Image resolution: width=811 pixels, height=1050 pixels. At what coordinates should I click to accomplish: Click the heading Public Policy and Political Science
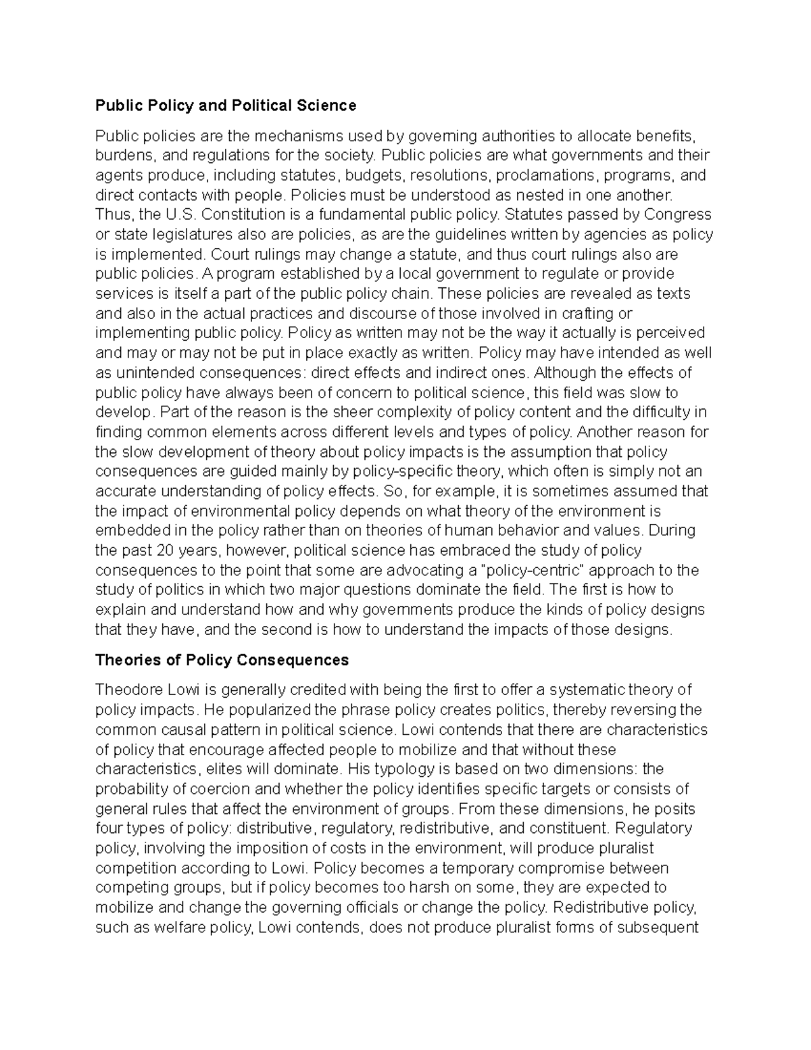coord(225,105)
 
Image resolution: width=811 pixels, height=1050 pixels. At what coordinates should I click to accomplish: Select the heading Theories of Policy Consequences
coord(222,660)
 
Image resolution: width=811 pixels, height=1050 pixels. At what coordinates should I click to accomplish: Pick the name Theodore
coord(125,690)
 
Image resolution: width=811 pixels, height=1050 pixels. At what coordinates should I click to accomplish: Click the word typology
coord(403,769)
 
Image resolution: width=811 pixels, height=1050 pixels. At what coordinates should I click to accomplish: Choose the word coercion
coord(220,789)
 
